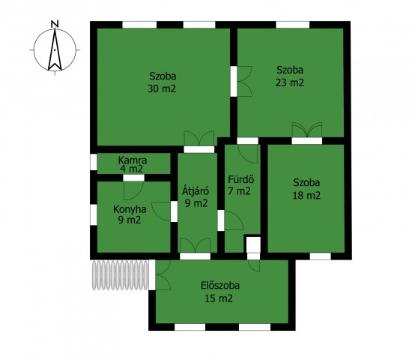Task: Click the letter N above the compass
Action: [x=55, y=24]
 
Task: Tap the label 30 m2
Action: [x=162, y=88]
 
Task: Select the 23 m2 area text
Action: [x=289, y=82]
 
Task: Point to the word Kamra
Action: [x=133, y=160]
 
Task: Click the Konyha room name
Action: [x=130, y=209]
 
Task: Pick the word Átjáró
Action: [x=196, y=190]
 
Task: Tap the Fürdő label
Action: [x=241, y=179]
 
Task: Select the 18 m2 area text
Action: [x=306, y=196]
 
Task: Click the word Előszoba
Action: [x=220, y=285]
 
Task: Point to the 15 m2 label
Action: [x=219, y=298]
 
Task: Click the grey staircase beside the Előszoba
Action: [x=120, y=275]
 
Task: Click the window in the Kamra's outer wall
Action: [x=94, y=162]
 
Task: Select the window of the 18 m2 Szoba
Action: [x=320, y=256]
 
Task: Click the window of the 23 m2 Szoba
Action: [x=292, y=25]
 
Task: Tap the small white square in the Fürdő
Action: [x=253, y=244]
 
